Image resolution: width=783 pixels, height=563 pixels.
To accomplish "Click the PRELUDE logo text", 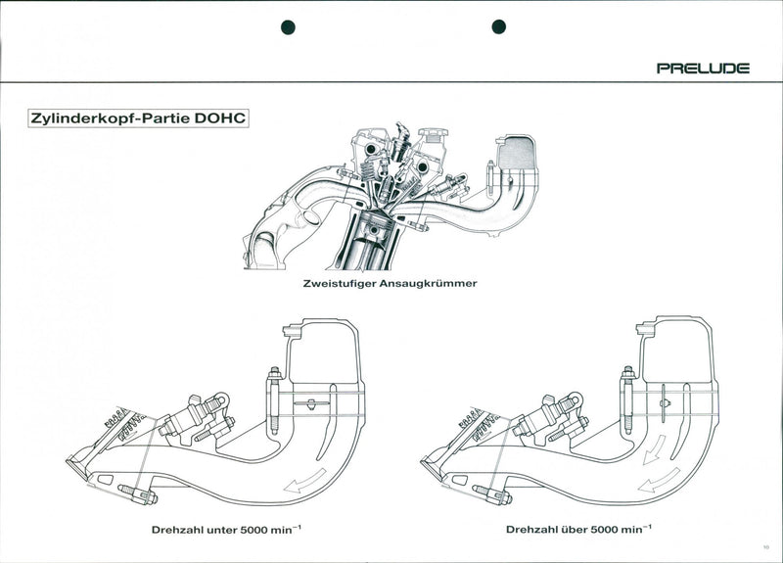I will (x=703, y=69).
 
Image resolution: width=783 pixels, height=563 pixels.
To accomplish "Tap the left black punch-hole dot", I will (x=288, y=26).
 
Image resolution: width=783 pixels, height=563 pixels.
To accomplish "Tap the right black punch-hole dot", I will (x=498, y=26).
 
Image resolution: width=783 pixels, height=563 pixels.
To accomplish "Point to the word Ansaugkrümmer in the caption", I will (x=430, y=284).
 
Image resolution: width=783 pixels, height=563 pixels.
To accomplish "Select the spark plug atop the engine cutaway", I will (x=399, y=137).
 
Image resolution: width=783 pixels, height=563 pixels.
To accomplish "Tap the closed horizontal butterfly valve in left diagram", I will (x=309, y=403).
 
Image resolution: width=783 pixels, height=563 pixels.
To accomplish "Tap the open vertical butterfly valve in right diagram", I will (x=664, y=400).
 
